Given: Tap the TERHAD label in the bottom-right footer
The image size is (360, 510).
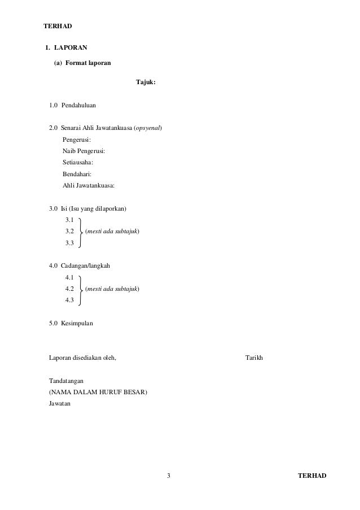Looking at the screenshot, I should (x=312, y=476).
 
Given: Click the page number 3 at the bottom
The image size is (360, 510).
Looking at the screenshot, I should (x=169, y=476).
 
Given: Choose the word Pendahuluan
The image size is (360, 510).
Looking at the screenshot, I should (x=78, y=105).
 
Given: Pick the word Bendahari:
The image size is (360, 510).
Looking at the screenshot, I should (x=77, y=174).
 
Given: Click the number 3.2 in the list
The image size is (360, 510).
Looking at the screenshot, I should (x=71, y=232).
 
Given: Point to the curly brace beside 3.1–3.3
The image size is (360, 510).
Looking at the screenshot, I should (x=81, y=232).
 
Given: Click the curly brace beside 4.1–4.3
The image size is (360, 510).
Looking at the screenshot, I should (x=81, y=289).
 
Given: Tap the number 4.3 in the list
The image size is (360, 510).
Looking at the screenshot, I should (x=71, y=300).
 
